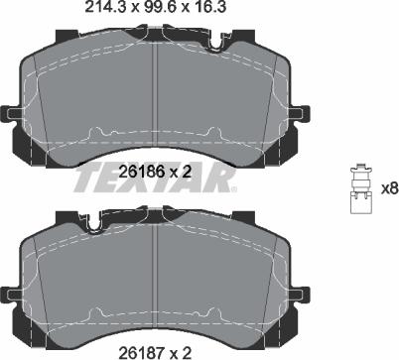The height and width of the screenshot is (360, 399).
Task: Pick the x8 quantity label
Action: tap(390, 189)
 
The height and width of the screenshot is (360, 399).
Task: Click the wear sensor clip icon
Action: tap(361, 188)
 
